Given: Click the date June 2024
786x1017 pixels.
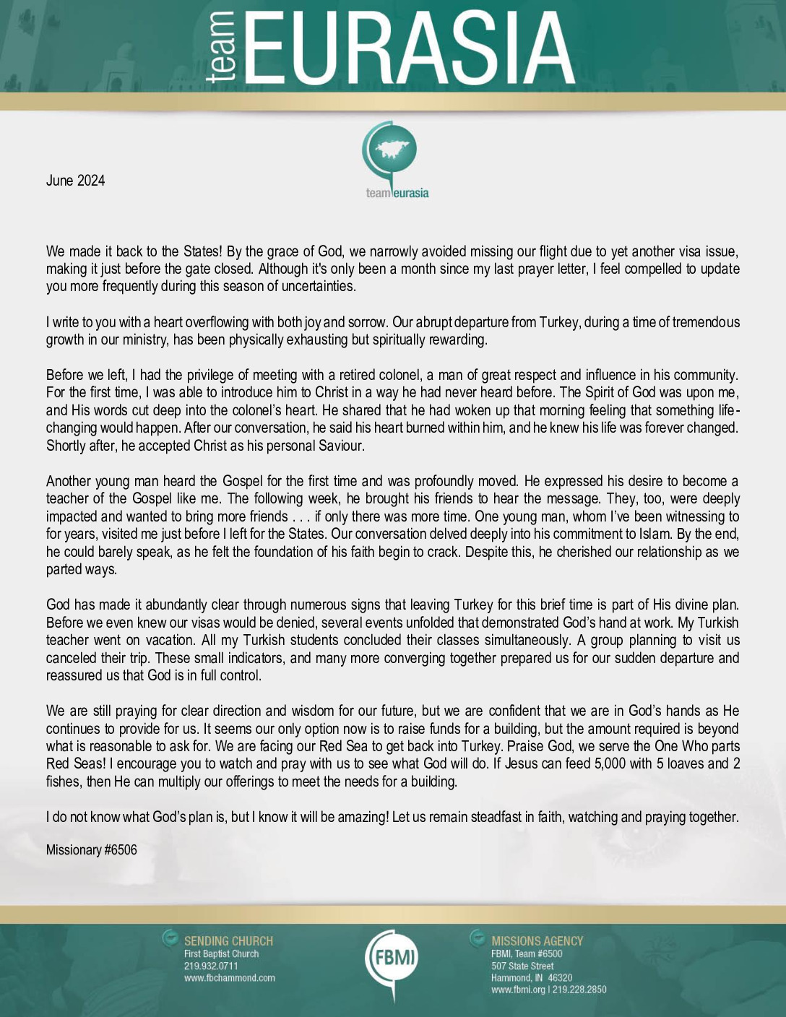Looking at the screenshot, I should click(75, 181).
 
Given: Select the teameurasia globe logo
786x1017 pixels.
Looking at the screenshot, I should click(396, 160).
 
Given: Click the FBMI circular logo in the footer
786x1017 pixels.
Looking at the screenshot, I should click(392, 958).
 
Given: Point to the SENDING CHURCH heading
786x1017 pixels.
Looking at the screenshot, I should click(228, 941).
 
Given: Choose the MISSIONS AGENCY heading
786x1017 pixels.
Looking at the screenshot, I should click(537, 941).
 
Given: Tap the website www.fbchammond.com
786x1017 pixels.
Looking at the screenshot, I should click(229, 978).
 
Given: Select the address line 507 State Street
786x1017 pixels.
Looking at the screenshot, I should click(522, 966).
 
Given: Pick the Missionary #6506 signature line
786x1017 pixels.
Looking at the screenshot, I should click(91, 850).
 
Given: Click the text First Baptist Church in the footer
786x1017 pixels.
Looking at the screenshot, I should click(221, 953).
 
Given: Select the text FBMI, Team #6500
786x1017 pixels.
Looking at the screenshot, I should click(527, 953).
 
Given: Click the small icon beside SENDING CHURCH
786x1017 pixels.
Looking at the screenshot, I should click(170, 938).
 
